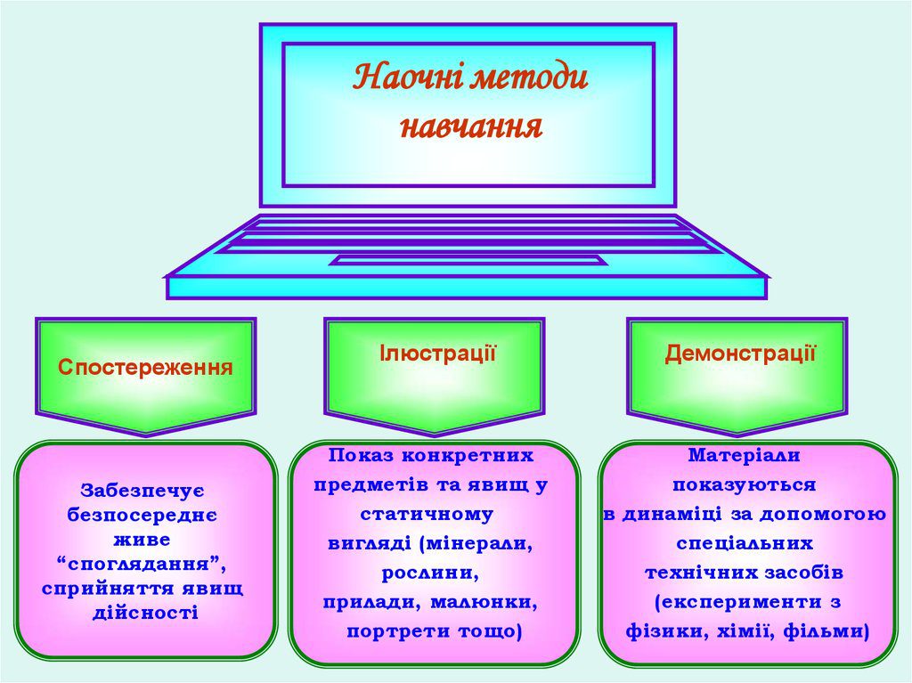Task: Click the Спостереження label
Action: coord(146,367)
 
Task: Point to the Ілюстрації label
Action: coord(437,354)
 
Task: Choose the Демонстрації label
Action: coord(740,354)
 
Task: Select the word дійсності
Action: coord(145,613)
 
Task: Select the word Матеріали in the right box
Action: coord(744,455)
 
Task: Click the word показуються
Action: coord(745,484)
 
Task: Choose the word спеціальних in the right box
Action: coord(745,542)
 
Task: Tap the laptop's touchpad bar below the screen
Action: coord(468,260)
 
